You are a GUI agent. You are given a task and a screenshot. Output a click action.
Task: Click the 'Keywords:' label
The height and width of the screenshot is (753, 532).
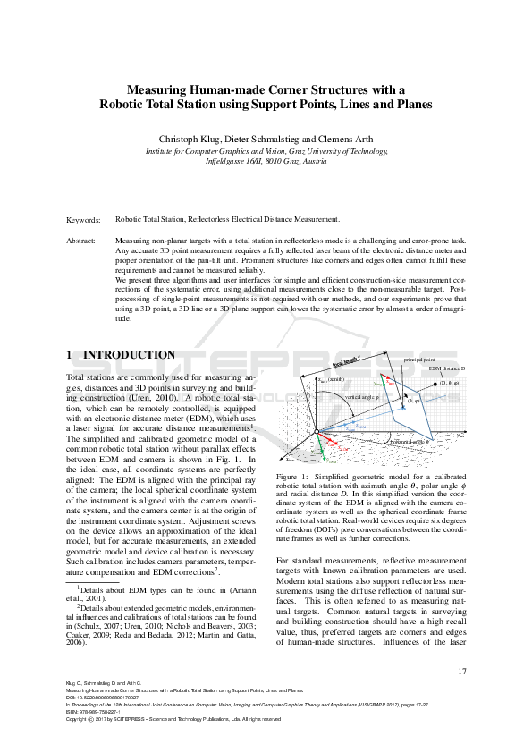point(84,219)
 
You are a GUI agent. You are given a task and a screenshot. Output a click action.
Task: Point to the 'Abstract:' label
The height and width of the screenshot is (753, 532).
point(82,241)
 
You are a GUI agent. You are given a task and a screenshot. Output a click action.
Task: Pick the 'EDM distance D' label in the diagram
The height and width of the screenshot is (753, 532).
point(446,368)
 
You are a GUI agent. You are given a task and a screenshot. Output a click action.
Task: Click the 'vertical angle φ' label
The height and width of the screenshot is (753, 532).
point(362,396)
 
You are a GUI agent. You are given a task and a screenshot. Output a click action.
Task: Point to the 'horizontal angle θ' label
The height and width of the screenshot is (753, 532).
point(411,441)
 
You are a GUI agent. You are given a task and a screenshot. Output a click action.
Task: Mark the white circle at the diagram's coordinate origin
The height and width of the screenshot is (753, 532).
point(314,434)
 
